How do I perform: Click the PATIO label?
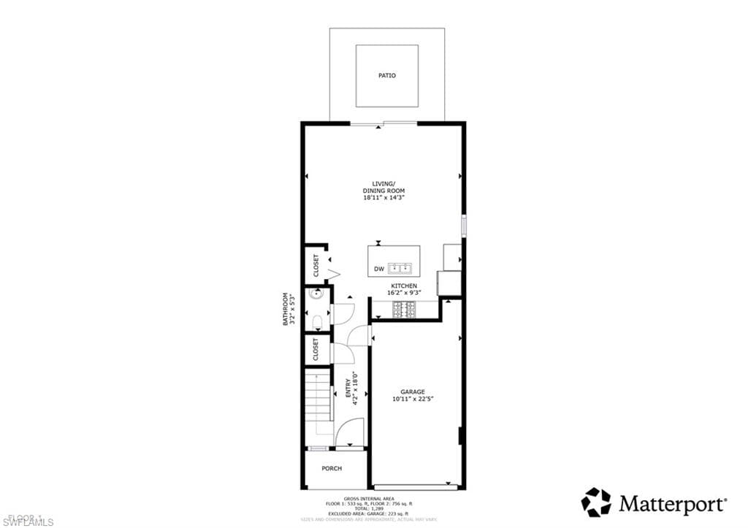pos(387,75)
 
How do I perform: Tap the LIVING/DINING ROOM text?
pos(383,187)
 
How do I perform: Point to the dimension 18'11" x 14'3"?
pos(383,197)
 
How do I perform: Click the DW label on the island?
pos(379,269)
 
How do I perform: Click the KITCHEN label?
pos(404,286)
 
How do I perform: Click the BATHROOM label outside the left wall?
pos(288,309)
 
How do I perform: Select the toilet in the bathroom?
pos(318,321)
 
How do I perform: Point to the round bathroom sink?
pos(316,295)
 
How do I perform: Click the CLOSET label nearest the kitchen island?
pos(316,265)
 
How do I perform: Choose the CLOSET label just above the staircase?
pos(316,349)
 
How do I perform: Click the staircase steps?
pos(318,402)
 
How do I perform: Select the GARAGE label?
pos(412,391)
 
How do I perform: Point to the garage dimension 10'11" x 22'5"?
pos(412,399)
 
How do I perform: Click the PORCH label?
pos(332,469)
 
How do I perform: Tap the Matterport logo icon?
pos(596,502)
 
